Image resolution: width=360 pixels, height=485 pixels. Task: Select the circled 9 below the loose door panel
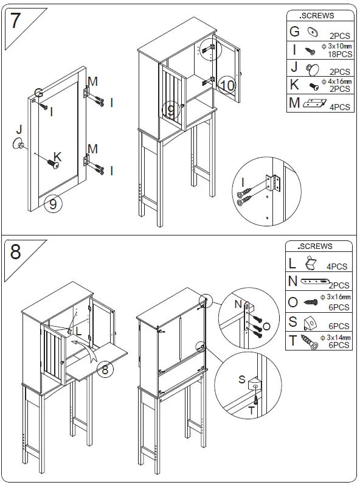pos(53,204)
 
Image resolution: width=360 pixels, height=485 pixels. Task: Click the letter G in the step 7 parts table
pos(294,32)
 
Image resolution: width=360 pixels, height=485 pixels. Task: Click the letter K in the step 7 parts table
pos(294,85)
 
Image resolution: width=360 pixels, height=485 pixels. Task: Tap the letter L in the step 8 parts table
pos(292,263)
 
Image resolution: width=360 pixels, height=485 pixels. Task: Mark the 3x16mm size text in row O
pos(338,296)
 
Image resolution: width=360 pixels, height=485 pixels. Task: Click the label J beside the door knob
pos(18,129)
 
